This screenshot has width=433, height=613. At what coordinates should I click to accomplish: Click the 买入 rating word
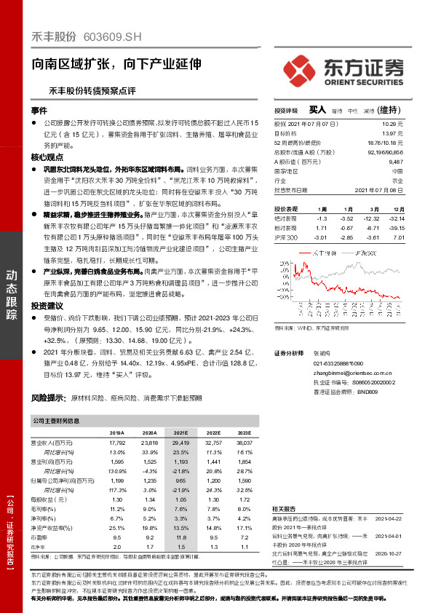tap(317, 109)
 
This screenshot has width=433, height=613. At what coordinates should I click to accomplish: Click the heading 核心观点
tap(47, 157)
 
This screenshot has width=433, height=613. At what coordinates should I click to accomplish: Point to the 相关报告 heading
tap(284, 508)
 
